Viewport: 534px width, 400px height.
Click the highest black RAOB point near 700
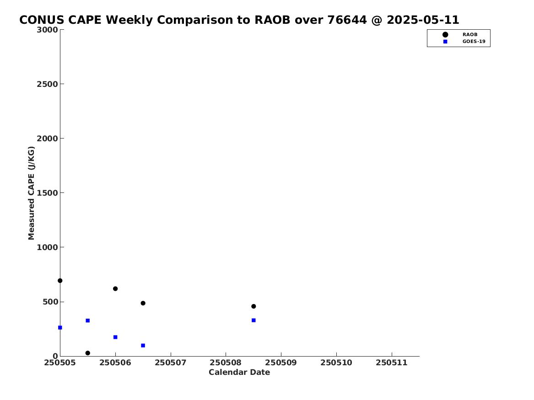click(60, 281)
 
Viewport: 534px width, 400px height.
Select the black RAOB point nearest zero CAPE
click(87, 353)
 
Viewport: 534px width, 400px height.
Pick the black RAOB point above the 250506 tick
click(115, 289)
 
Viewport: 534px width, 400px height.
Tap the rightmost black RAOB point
click(254, 306)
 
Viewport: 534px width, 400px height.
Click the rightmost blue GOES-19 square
click(254, 320)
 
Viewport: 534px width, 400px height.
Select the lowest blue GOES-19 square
click(143, 346)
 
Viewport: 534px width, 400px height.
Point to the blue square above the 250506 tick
click(115, 337)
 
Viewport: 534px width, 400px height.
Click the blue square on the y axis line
click(60, 328)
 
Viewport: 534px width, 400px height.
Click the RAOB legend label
click(469, 35)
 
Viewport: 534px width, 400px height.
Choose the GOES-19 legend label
click(474, 42)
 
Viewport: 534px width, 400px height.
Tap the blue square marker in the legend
click(445, 42)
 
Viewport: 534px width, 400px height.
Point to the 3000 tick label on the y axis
click(47, 30)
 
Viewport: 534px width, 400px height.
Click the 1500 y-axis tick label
click(47, 193)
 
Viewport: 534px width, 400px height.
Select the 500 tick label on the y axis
click(50, 302)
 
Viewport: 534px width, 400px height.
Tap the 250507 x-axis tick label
click(171, 363)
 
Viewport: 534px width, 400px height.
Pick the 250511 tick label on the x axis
click(392, 363)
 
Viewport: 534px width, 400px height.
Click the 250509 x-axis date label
click(281, 363)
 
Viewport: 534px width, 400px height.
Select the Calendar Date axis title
click(239, 373)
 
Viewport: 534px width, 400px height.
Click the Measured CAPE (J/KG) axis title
click(31, 193)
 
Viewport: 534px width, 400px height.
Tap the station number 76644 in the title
click(347, 20)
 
